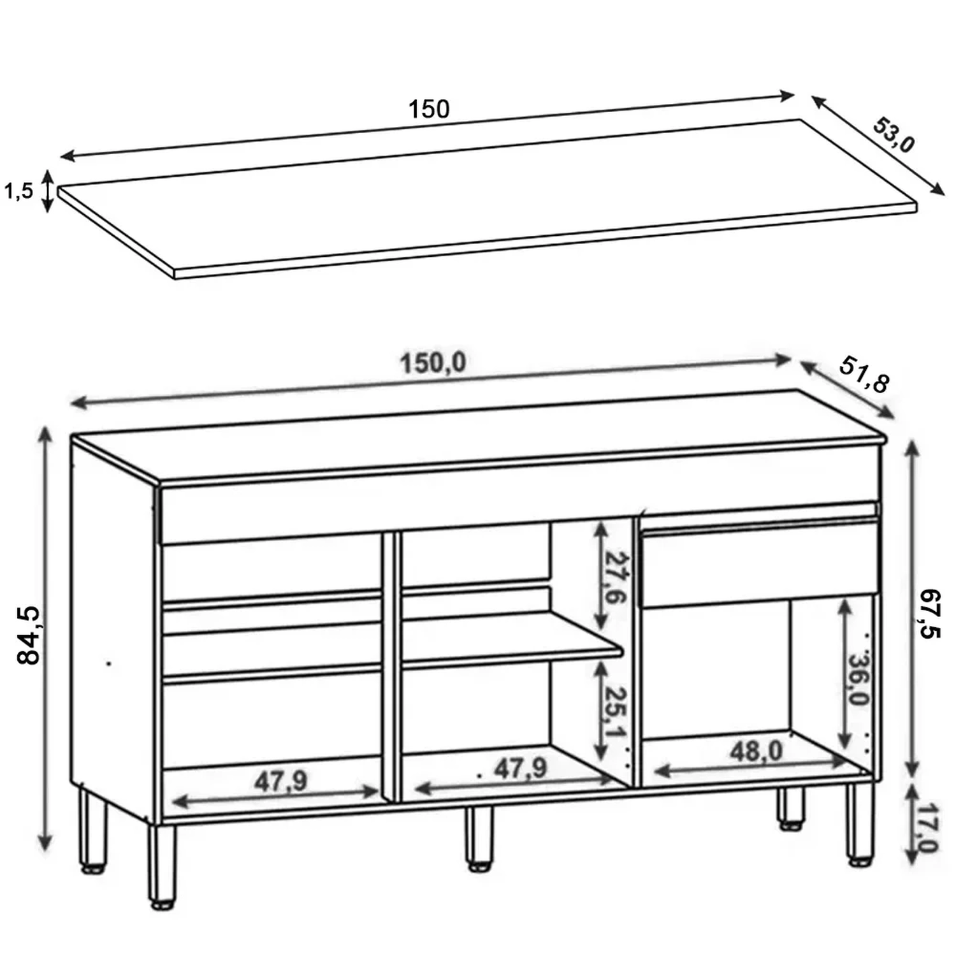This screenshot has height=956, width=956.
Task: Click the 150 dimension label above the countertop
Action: coord(429,109)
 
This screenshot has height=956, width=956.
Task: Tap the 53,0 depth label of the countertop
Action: coord(894,135)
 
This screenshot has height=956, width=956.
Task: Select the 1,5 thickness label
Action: coord(18,191)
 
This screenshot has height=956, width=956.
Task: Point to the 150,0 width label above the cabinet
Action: coord(433,363)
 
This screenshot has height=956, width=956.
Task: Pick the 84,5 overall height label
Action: coord(29,635)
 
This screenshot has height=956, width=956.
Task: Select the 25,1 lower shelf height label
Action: coord(615,712)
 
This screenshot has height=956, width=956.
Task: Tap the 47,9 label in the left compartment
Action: coord(281,781)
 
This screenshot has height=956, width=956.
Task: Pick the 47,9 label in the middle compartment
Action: coord(521,769)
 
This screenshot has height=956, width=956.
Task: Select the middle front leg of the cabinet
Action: coord(479,839)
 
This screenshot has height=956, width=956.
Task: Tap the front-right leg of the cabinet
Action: coord(858,823)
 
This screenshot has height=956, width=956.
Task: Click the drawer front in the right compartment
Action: coord(760,563)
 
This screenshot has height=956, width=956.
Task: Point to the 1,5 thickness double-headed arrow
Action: coord(47,191)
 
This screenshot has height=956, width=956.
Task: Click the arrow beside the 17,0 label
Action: coord(911,824)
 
